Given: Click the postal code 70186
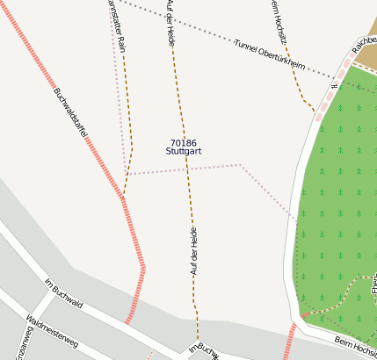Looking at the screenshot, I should pyautogui.click(x=184, y=142).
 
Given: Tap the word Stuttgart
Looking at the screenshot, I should pyautogui.click(x=184, y=152).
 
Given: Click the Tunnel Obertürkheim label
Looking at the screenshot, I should pyautogui.click(x=269, y=54).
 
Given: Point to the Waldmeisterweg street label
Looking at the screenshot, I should pyautogui.click(x=53, y=332).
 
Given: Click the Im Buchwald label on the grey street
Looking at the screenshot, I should pyautogui.click(x=63, y=293).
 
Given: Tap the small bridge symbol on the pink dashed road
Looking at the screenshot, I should pyautogui.click(x=334, y=86).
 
